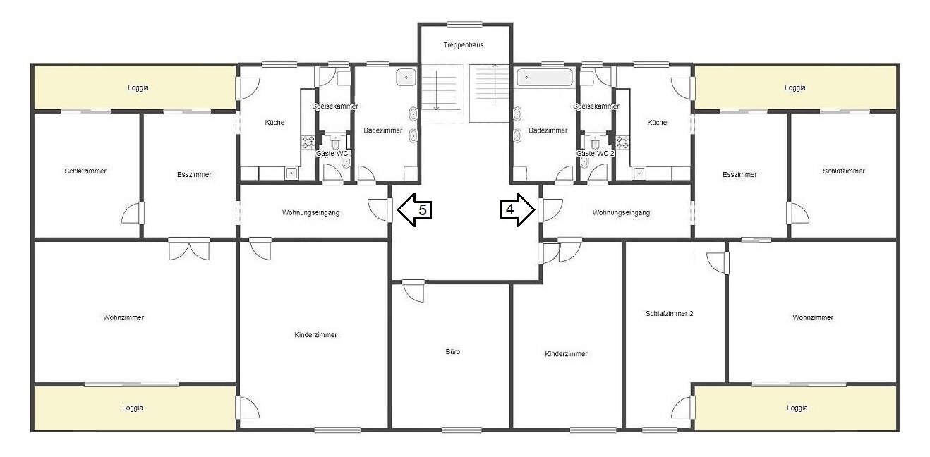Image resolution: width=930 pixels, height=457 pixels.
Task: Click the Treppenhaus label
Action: pyautogui.click(x=464, y=45)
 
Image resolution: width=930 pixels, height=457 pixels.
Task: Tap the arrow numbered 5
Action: pyautogui.click(x=414, y=209)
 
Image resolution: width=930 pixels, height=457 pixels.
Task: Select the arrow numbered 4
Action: pyautogui.click(x=517, y=209)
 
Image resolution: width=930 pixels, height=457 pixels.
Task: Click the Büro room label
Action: pyautogui.click(x=452, y=352)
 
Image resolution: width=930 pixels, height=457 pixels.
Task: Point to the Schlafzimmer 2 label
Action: pyautogui.click(x=669, y=313)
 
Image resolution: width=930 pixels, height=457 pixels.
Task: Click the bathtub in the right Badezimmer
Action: pyautogui.click(x=545, y=78)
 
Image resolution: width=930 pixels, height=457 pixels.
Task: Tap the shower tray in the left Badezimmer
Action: pyautogui.click(x=406, y=77)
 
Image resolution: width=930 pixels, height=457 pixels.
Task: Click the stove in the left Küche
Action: pyautogui.click(x=308, y=142)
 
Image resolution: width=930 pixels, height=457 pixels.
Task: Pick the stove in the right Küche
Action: pyautogui.click(x=622, y=142)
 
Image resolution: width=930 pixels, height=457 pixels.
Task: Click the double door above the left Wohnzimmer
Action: pyautogui.click(x=189, y=249)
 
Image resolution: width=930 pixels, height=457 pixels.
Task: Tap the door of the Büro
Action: pyautogui.click(x=413, y=291)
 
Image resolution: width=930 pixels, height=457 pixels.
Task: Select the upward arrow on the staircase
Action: pyautogui.click(x=495, y=83)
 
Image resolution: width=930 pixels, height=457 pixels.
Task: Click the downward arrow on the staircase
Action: pyautogui.click(x=436, y=90)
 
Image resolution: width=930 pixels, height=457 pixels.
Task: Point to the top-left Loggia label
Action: pyautogui.click(x=138, y=87)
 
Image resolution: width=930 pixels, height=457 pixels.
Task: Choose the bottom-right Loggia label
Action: pyautogui.click(x=797, y=408)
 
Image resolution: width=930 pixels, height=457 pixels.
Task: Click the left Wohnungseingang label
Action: pyautogui.click(x=310, y=212)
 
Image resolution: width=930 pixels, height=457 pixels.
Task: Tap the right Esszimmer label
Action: pyautogui.click(x=739, y=175)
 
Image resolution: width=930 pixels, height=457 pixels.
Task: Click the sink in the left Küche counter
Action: pyautogui.click(x=291, y=173)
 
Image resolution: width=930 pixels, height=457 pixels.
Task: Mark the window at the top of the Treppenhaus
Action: pyautogui.click(x=464, y=24)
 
